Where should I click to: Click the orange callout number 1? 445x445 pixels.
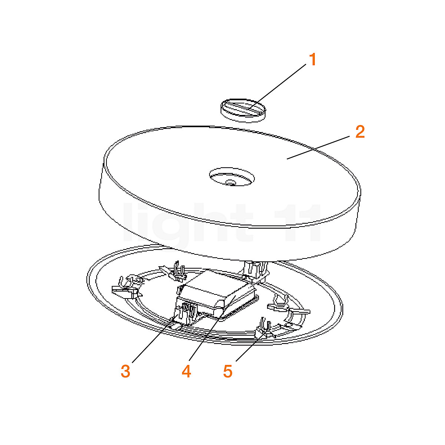[313, 59]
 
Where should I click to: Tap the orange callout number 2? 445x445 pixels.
[360, 132]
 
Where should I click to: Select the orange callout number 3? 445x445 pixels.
[126, 371]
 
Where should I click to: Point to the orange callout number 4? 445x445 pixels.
[187, 371]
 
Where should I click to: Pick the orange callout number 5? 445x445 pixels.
[228, 371]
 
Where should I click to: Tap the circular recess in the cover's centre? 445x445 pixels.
[232, 177]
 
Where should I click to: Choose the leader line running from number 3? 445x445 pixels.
[152, 341]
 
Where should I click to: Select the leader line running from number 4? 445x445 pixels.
[208, 330]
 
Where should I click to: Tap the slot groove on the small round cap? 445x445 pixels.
[243, 107]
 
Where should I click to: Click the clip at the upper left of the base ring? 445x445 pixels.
[174, 272]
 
